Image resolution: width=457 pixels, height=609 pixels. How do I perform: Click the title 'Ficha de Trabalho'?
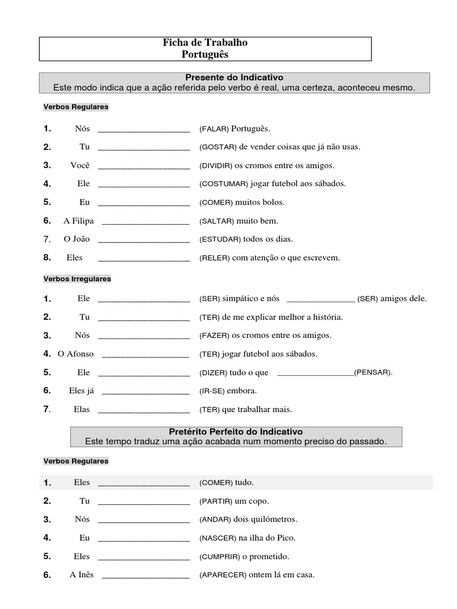205,43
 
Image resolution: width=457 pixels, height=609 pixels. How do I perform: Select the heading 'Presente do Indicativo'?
234,77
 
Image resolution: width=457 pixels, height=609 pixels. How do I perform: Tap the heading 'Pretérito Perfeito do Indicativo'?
235,431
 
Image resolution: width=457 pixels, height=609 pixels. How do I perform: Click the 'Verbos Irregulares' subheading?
77,278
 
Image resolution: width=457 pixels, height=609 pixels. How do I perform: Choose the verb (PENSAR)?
373,373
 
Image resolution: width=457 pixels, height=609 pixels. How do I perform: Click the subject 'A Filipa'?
79,221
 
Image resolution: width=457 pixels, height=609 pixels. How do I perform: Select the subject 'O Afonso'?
76,354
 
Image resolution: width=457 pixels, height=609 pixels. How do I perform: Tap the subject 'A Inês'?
82,575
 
